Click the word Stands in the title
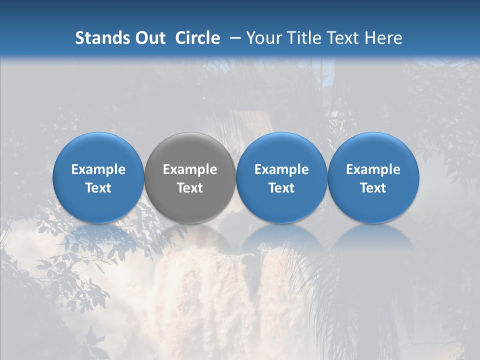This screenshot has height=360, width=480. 98,38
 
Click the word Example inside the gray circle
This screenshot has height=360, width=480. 190,169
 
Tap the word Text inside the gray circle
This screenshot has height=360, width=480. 190,188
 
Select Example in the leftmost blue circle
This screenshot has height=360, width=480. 98,169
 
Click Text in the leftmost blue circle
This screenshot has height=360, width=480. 98,188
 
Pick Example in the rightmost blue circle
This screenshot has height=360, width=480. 373,169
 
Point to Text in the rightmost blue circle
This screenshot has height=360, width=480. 373,188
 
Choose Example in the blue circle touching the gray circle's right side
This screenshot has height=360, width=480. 281,169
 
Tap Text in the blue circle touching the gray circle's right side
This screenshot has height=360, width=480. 281,188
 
